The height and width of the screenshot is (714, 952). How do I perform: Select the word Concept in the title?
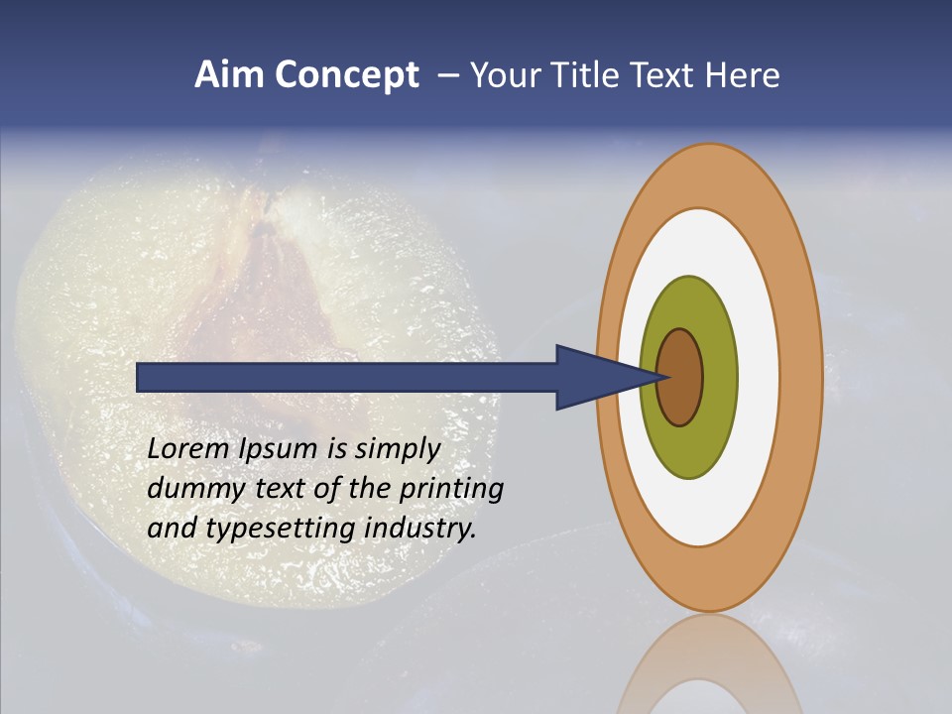[347, 76]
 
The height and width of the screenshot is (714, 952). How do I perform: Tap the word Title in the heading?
[591, 75]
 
